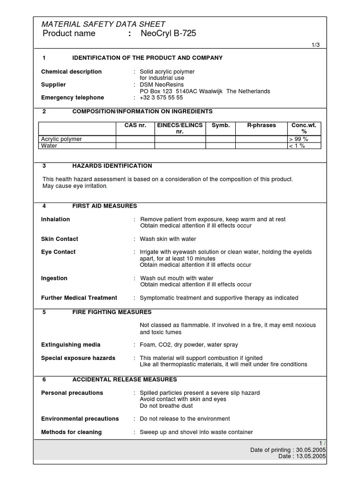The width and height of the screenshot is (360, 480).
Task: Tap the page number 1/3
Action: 316,45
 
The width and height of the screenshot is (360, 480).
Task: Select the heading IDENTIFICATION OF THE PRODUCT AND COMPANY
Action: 147,58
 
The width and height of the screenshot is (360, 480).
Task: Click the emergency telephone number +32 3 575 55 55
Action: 161,97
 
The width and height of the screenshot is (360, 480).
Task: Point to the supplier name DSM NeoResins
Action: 160,84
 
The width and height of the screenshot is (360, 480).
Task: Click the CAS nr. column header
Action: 135,126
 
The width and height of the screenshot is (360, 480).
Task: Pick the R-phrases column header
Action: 262,126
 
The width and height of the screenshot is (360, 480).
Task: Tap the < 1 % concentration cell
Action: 297,146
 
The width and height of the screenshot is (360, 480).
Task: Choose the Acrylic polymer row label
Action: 61,139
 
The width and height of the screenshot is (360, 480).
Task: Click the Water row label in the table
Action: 49,146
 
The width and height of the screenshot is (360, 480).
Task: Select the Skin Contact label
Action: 60,239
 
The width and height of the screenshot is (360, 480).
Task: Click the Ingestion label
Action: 54,278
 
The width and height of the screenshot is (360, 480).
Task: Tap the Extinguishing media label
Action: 71,345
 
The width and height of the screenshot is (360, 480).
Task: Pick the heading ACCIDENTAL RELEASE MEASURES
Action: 124,379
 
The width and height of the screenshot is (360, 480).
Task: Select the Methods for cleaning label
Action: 71,432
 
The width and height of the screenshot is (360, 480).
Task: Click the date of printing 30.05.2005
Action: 311,450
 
